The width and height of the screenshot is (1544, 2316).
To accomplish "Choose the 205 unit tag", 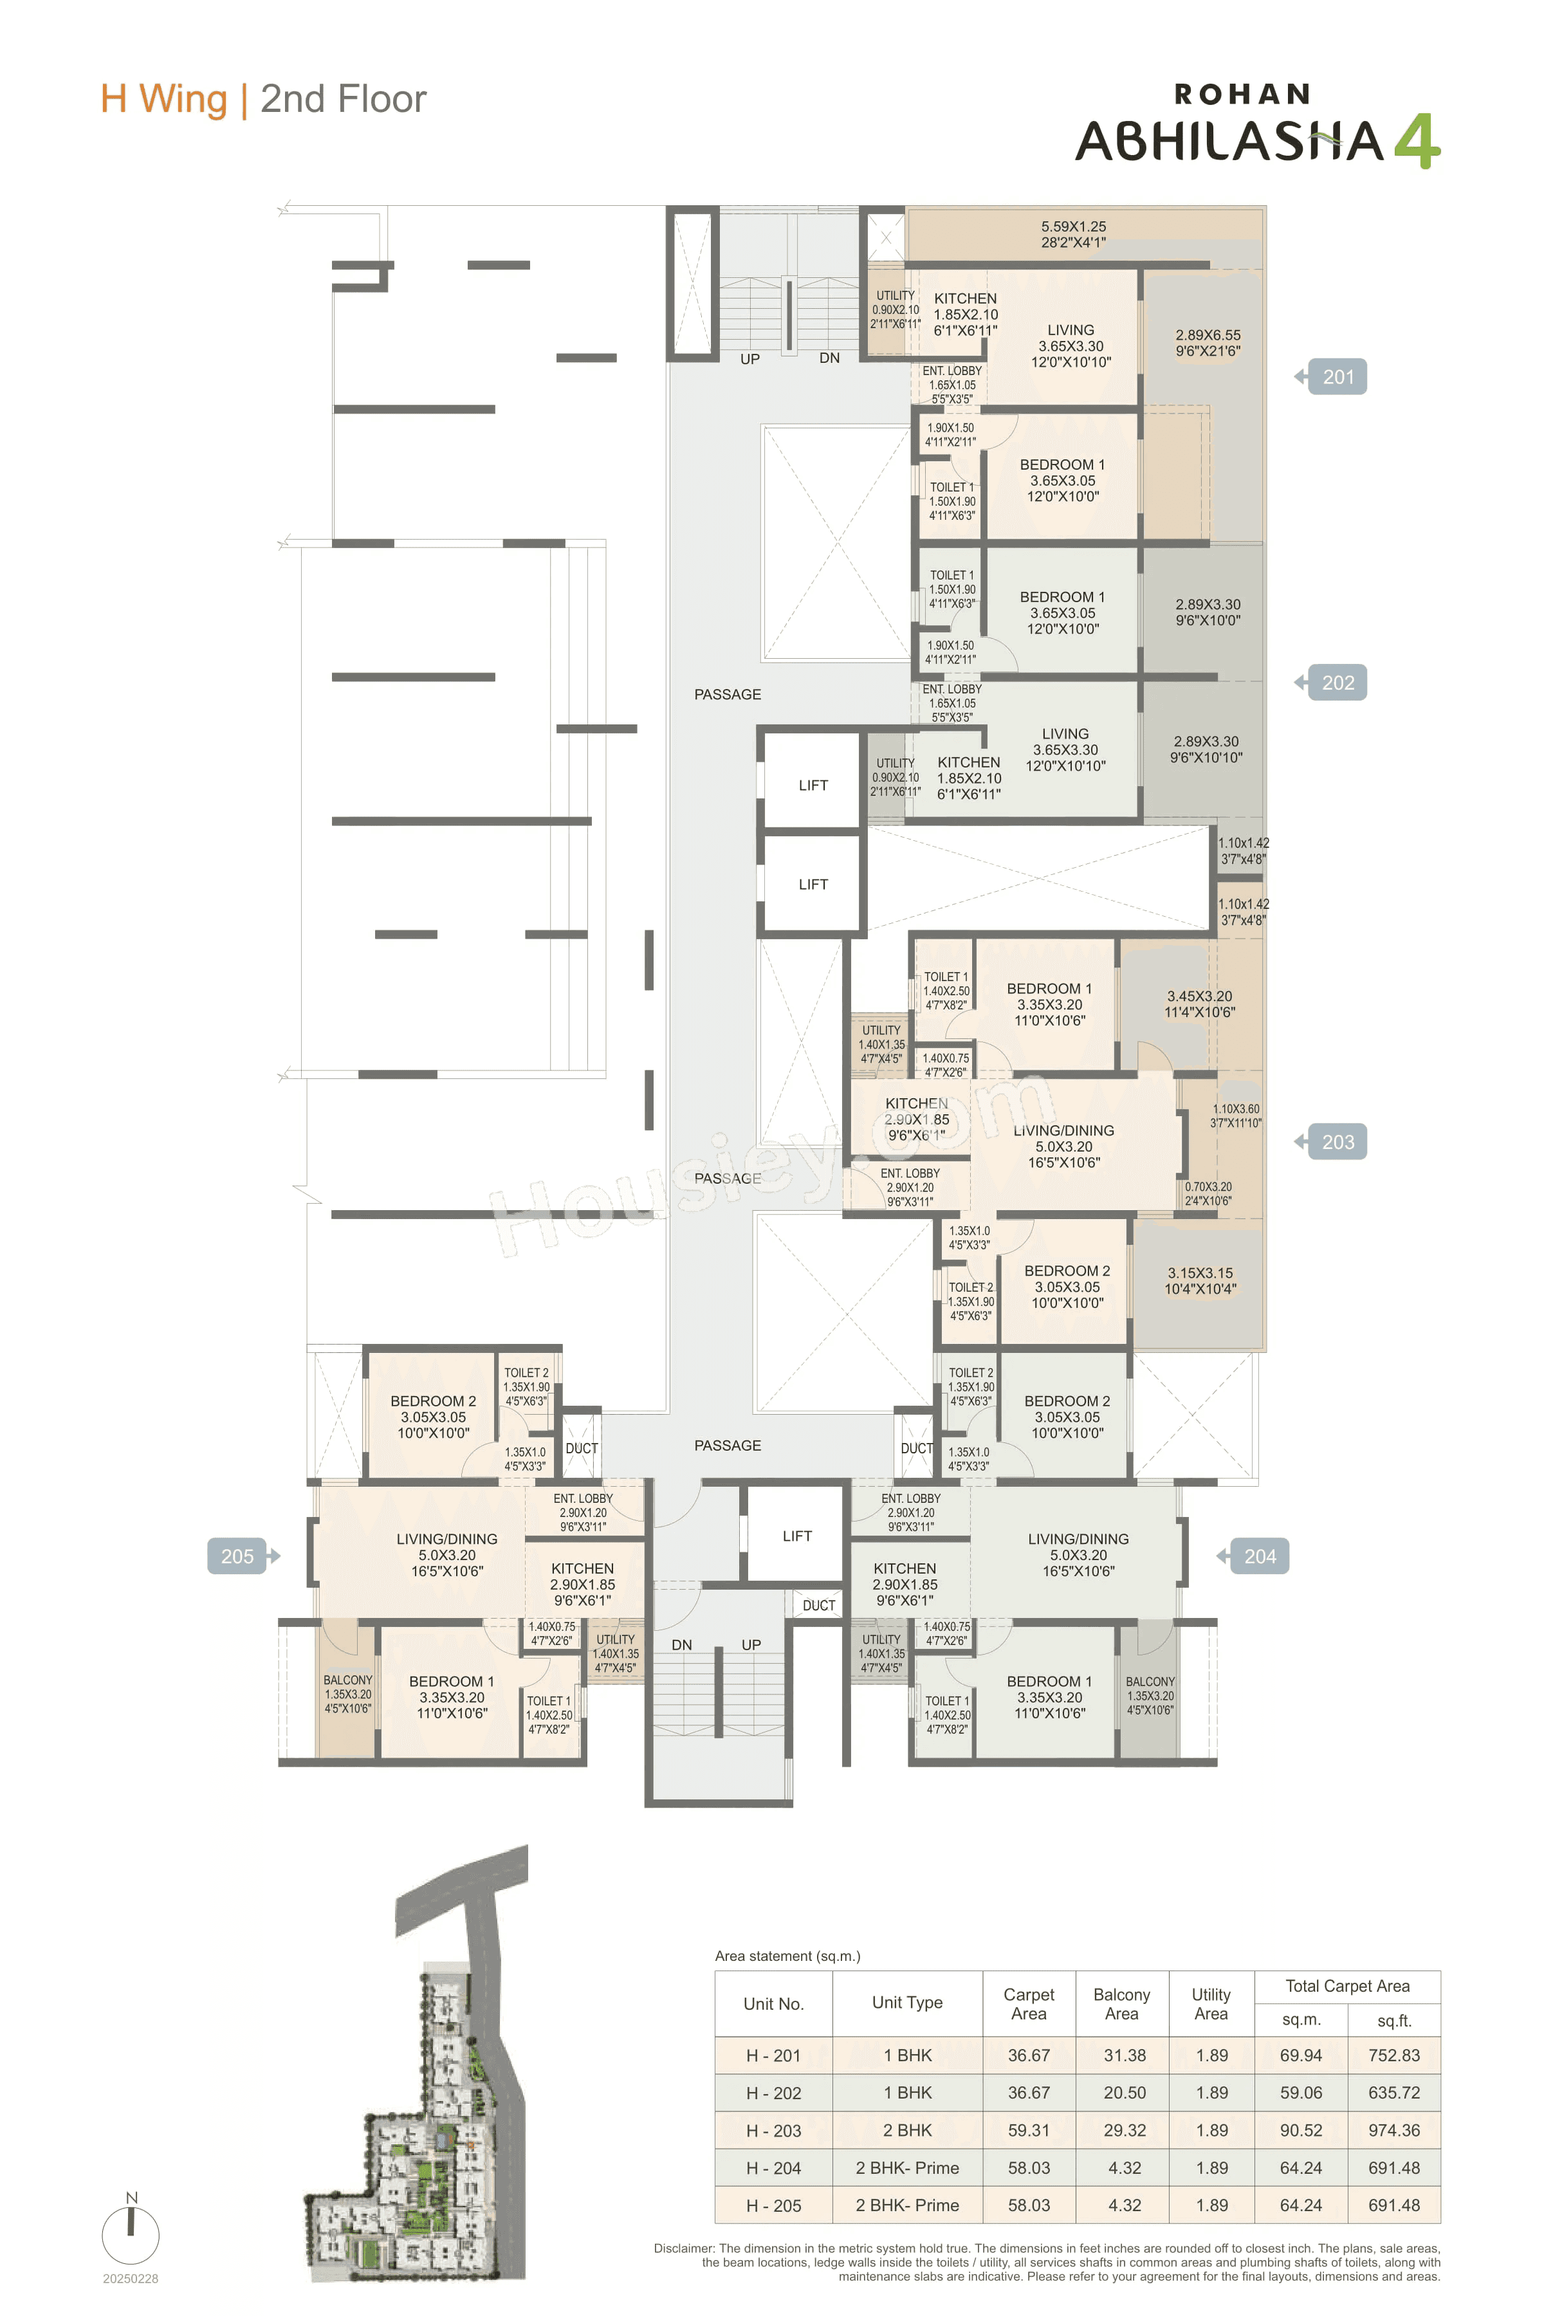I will pyautogui.click(x=237, y=1557).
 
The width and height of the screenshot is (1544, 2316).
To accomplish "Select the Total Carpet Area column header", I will pyautogui.click(x=1347, y=1986).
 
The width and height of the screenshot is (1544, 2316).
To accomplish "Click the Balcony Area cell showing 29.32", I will pyautogui.click(x=1123, y=2130).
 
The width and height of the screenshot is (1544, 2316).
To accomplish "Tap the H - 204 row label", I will pyautogui.click(x=773, y=2167).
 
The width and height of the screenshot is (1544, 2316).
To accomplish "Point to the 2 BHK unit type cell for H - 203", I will pyautogui.click(x=907, y=2130).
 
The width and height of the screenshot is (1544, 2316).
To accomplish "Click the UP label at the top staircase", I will pyautogui.click(x=750, y=360).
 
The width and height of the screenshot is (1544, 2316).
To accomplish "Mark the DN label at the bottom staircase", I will pyautogui.click(x=681, y=1644).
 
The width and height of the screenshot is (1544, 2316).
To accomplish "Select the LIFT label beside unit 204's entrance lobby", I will pyautogui.click(x=796, y=1536).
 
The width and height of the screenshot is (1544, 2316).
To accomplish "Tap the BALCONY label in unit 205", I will pyautogui.click(x=347, y=1680).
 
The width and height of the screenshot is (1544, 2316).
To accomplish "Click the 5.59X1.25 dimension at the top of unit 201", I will pyautogui.click(x=1073, y=226).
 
